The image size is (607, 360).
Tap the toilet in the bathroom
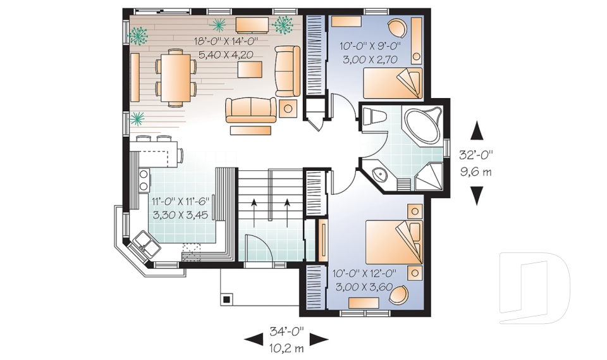pos(375,117)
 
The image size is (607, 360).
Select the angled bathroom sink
pos(380,175)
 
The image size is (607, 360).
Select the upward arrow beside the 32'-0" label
pos(477,131)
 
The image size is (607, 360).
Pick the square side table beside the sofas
pos(288,109)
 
